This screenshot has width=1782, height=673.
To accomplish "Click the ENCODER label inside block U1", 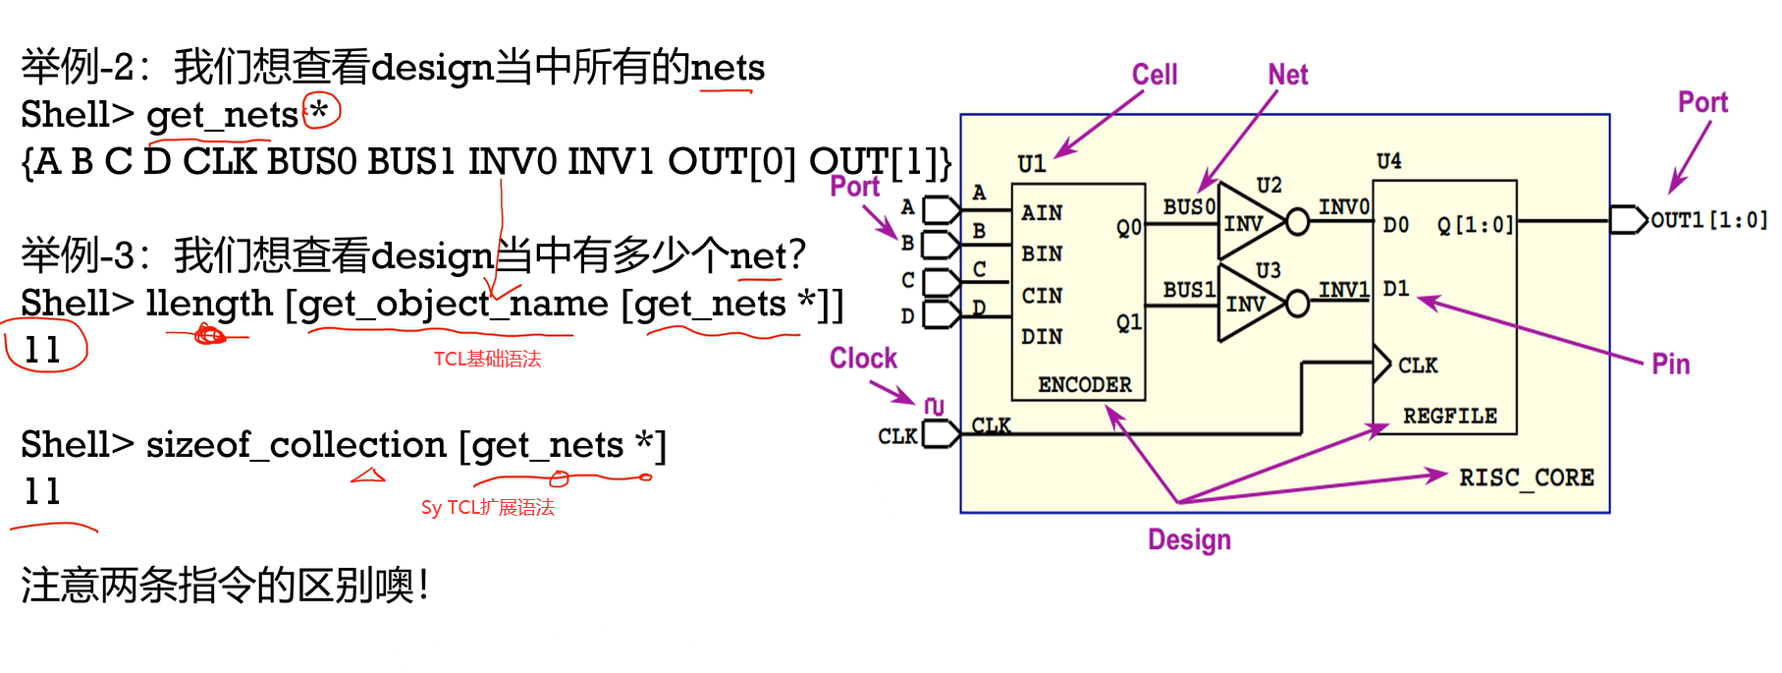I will click(1084, 384).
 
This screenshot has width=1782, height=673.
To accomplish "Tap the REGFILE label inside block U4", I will click(1449, 416).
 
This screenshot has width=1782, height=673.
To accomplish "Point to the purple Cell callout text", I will click(1154, 75).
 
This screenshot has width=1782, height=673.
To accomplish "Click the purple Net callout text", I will click(1287, 75).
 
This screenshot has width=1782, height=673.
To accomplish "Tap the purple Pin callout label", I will click(1670, 365).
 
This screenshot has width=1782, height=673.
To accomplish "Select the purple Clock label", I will click(863, 359).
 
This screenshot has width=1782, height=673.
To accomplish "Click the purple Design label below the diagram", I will click(1189, 539).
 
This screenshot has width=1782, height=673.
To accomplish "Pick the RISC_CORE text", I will click(1526, 477).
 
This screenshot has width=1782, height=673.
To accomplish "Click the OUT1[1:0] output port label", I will click(1708, 220).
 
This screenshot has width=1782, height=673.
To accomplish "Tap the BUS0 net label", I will click(1189, 207).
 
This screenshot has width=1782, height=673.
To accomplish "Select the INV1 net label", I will click(1343, 290).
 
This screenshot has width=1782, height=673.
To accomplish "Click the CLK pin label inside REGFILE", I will click(1417, 365).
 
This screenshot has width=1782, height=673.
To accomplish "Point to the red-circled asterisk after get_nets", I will click(320, 111).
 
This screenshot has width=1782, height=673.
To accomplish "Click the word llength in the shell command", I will click(209, 304).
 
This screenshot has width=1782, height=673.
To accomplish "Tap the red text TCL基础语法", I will click(487, 360).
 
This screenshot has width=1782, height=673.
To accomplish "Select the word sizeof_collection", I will click(296, 445).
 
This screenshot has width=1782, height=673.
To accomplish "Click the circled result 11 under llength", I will click(43, 350).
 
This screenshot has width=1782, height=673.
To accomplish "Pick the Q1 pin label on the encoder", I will click(1128, 322).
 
